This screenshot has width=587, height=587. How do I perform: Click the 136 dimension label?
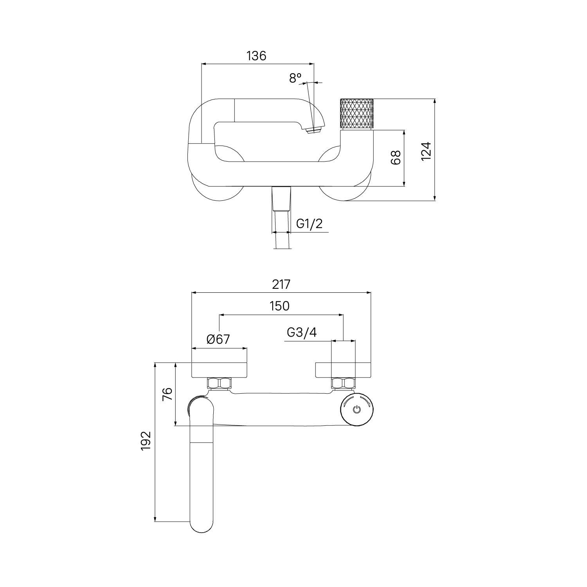click(256, 56)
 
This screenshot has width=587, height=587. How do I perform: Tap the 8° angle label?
click(295, 78)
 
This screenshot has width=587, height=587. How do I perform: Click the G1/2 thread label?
click(310, 223)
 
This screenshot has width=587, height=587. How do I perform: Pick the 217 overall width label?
click(281, 284)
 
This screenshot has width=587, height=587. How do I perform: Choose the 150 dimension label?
click(279, 306)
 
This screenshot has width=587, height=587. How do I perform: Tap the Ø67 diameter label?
click(218, 339)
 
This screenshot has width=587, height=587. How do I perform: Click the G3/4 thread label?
click(302, 332)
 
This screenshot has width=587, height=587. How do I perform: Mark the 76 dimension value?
click(167, 394)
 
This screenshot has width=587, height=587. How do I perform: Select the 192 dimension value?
click(146, 441)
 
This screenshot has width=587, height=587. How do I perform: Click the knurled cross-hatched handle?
click(357, 113)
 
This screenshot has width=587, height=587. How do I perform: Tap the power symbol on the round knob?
click(357, 410)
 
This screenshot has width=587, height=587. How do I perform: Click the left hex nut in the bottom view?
click(219, 384)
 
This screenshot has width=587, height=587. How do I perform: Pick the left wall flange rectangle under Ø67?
click(220, 370)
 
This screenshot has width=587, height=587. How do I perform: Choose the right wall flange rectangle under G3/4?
click(343, 370)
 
